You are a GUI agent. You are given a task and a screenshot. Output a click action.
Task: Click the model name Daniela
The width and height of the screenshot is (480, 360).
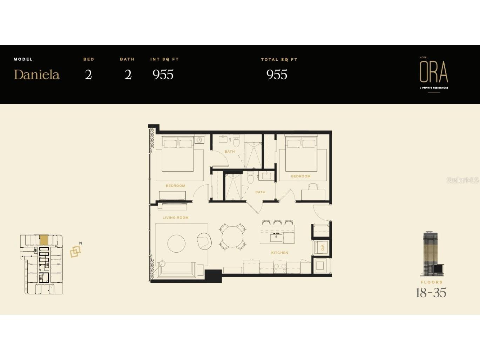pos(36,74)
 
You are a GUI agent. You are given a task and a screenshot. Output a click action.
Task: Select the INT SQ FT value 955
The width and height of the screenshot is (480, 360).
pos(163,74)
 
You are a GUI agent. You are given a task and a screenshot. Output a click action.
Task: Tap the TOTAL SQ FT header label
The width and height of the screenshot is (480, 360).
pos(279,60)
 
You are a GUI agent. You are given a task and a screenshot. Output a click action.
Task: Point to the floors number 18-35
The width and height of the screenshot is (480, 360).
pos(431,293)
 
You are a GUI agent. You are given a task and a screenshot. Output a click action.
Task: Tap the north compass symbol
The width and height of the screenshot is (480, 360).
pos(75,251)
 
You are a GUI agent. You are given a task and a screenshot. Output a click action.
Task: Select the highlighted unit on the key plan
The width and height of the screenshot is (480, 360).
pos(44,240)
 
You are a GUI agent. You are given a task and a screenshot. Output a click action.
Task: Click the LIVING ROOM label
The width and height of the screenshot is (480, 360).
pos(176,218)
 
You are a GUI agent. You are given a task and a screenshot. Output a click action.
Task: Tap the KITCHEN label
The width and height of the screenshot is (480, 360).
pos(279,253)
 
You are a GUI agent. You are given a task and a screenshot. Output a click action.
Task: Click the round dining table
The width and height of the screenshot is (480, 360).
pos(232,236)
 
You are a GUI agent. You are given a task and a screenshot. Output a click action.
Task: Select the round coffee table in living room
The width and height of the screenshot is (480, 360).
pos(176,243)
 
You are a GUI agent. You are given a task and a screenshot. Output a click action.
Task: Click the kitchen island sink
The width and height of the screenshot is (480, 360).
pos(276,238)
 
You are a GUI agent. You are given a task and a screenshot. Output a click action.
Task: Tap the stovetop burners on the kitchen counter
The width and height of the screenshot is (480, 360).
pos(280,268)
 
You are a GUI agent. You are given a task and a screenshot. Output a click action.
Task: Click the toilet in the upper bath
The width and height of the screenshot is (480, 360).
pos(236,141)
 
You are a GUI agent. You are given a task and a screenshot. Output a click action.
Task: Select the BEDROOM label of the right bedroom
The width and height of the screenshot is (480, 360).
pos(301,176)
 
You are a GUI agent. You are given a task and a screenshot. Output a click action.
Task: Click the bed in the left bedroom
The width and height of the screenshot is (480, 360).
pos(178,154)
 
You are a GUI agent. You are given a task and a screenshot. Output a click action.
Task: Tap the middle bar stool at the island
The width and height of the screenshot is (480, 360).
pos(278,222)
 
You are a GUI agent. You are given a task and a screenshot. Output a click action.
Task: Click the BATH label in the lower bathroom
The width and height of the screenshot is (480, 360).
pos(260,192)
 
